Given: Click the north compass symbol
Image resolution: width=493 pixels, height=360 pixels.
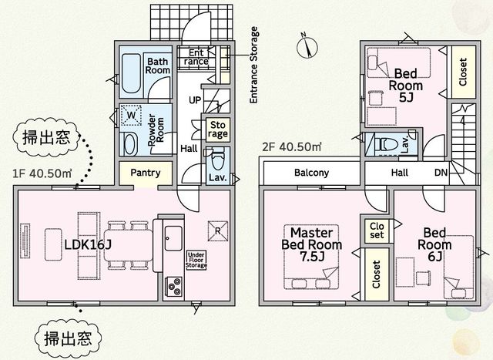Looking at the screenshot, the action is [307, 47].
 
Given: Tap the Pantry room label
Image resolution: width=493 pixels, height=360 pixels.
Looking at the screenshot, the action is [146, 173].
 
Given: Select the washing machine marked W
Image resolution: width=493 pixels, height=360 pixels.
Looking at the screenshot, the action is [131, 115].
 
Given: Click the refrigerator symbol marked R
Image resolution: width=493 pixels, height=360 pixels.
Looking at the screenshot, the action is [217, 231].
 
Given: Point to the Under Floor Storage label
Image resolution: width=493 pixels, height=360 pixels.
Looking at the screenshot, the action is [196, 260].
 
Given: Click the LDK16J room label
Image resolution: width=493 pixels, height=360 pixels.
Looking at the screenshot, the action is [88, 244].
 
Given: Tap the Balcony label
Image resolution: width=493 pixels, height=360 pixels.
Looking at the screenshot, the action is [311, 173].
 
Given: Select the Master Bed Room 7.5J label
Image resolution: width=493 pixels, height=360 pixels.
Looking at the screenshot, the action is [311, 244].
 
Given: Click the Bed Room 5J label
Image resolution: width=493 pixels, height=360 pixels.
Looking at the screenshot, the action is [406, 86].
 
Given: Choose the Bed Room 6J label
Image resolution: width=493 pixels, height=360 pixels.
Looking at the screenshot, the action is [434, 244].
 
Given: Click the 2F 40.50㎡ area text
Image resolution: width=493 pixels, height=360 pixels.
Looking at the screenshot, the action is [292, 147].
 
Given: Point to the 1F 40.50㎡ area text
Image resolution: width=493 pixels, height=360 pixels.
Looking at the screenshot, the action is [42, 173].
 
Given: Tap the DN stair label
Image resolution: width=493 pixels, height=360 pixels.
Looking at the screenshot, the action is [441, 173].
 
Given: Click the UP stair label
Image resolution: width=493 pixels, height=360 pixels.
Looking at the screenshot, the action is [195, 100].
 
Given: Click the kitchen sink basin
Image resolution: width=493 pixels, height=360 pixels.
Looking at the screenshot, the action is [173, 238].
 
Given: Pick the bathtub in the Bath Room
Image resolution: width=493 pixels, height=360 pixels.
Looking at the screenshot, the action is [131, 74].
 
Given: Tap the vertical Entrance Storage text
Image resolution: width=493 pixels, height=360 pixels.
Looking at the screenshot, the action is [253, 66].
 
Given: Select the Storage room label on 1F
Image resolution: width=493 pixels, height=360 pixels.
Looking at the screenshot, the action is [218, 130].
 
